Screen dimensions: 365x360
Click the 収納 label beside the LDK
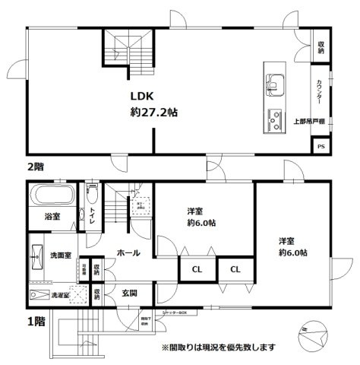click(x=321, y=48)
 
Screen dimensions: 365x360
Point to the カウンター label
click(x=320, y=94)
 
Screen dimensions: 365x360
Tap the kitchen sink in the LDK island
click(x=274, y=81)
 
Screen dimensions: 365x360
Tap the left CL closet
click(x=196, y=268)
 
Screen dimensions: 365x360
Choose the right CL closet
click(x=236, y=268)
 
